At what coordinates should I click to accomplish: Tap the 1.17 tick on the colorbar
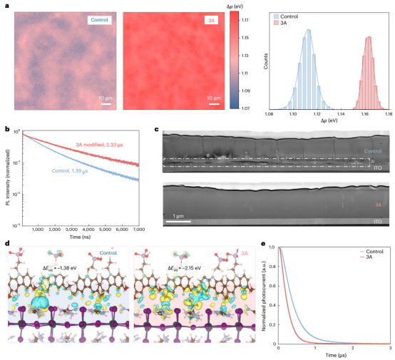tap(245, 21)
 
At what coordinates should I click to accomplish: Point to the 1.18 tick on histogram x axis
tap(389, 113)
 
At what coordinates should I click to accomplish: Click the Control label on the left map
tap(98, 20)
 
